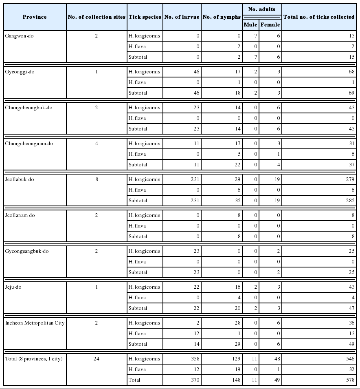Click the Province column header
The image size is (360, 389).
click(35, 17)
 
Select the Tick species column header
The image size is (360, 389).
click(145, 17)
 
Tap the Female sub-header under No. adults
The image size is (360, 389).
click(270, 24)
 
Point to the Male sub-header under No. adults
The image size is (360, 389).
click(250, 24)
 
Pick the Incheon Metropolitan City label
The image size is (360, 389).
click(35, 323)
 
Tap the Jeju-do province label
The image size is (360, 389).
click(13, 287)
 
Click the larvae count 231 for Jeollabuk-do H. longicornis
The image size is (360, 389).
click(193, 179)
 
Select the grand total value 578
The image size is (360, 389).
click(350, 380)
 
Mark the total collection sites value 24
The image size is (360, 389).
click(97, 359)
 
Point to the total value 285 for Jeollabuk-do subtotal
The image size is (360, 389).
click(350, 201)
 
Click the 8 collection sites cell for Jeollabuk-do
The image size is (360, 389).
click(97, 179)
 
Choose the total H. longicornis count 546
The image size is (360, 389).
click(350, 359)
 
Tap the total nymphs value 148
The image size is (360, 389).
click(236, 380)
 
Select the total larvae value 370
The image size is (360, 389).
click(195, 380)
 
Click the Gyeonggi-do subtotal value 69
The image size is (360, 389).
click(351, 93)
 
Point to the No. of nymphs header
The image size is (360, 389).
click(222, 17)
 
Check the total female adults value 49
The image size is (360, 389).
click(277, 380)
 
